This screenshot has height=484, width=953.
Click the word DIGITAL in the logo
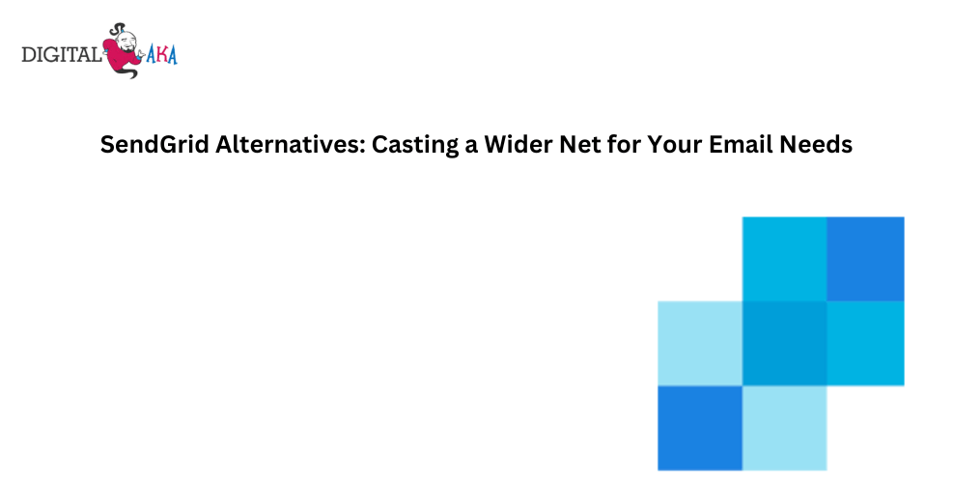coord(61,55)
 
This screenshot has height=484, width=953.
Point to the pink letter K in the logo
coord(161,55)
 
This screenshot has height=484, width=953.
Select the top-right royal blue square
coord(865,259)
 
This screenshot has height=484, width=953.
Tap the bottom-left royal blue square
coord(700,428)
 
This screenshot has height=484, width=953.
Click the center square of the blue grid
coord(785,344)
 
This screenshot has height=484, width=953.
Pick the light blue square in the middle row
coord(700,344)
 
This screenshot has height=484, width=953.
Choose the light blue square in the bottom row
coord(785,428)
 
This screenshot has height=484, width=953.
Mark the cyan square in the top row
coord(785,259)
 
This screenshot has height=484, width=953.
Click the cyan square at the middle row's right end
coord(865,344)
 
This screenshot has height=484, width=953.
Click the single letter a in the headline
coord(471,147)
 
